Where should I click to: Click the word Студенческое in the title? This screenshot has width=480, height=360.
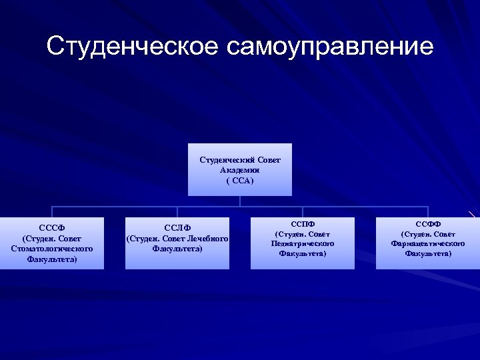tap(132, 47)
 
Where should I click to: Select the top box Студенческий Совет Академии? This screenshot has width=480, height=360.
tap(240, 169)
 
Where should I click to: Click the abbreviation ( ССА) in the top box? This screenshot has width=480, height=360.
tap(240, 181)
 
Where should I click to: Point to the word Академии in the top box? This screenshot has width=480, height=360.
tap(240, 170)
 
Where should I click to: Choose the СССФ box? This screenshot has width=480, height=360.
tap(52, 243)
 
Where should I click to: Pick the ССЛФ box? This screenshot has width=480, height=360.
tap(177, 243)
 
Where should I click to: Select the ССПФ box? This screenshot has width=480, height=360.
tap(303, 243)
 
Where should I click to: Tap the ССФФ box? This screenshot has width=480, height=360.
tap(428, 243)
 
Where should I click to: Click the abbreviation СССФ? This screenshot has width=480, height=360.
tap(52, 228)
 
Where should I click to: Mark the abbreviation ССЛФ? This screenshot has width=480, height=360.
tap(177, 228)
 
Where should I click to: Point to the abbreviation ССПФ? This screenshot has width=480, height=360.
tap(303, 224)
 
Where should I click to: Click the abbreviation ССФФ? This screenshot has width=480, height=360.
tap(428, 224)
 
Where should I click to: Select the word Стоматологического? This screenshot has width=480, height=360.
tap(52, 249)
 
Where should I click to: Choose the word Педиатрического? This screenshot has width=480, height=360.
tap(303, 243)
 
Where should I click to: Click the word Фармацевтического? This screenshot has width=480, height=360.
tap(428, 243)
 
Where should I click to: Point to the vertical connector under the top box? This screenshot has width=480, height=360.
tap(240, 201)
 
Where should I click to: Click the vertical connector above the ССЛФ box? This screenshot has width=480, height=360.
tap(177, 211)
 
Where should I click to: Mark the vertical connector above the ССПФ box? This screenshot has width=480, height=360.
tap(303, 211)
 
